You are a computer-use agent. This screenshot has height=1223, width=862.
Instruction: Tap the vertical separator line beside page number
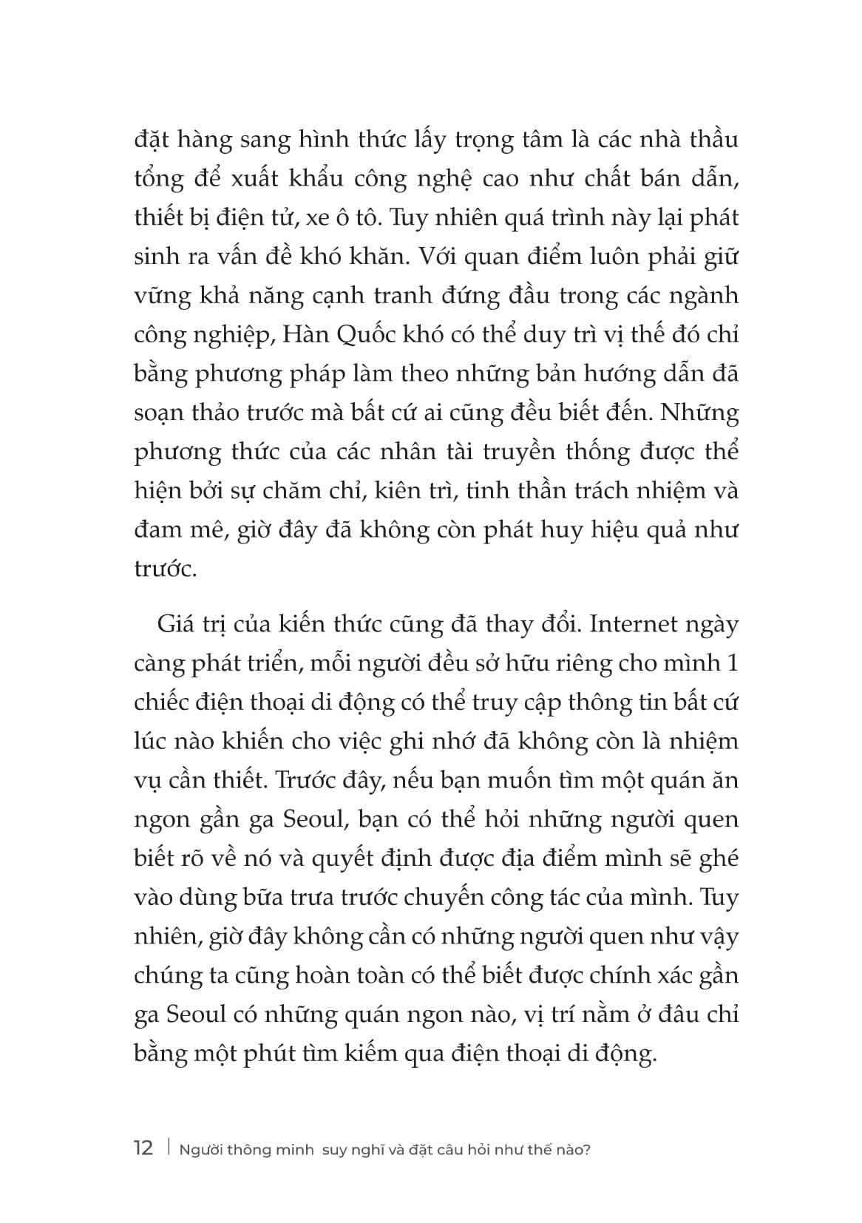169,1148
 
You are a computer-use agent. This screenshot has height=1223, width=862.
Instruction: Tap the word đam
159,529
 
